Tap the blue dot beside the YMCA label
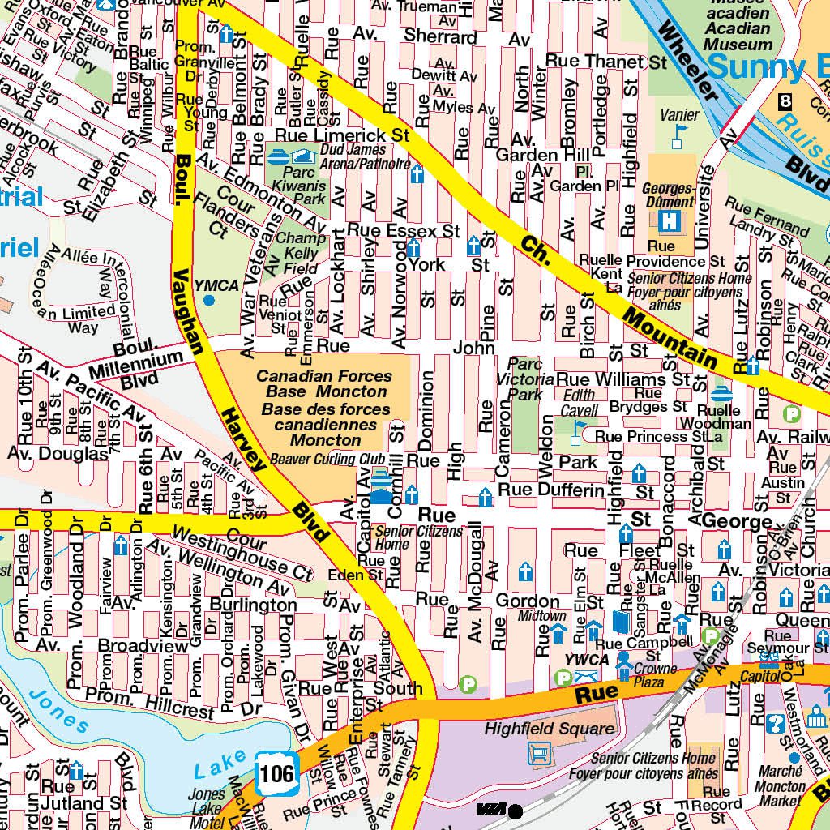209,300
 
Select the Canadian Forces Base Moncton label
324,409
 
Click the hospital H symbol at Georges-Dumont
669,220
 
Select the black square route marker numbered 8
784,102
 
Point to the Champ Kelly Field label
299,253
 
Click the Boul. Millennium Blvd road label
146,362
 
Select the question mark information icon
775,723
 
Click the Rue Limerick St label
342,135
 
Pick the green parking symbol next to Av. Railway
792,414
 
